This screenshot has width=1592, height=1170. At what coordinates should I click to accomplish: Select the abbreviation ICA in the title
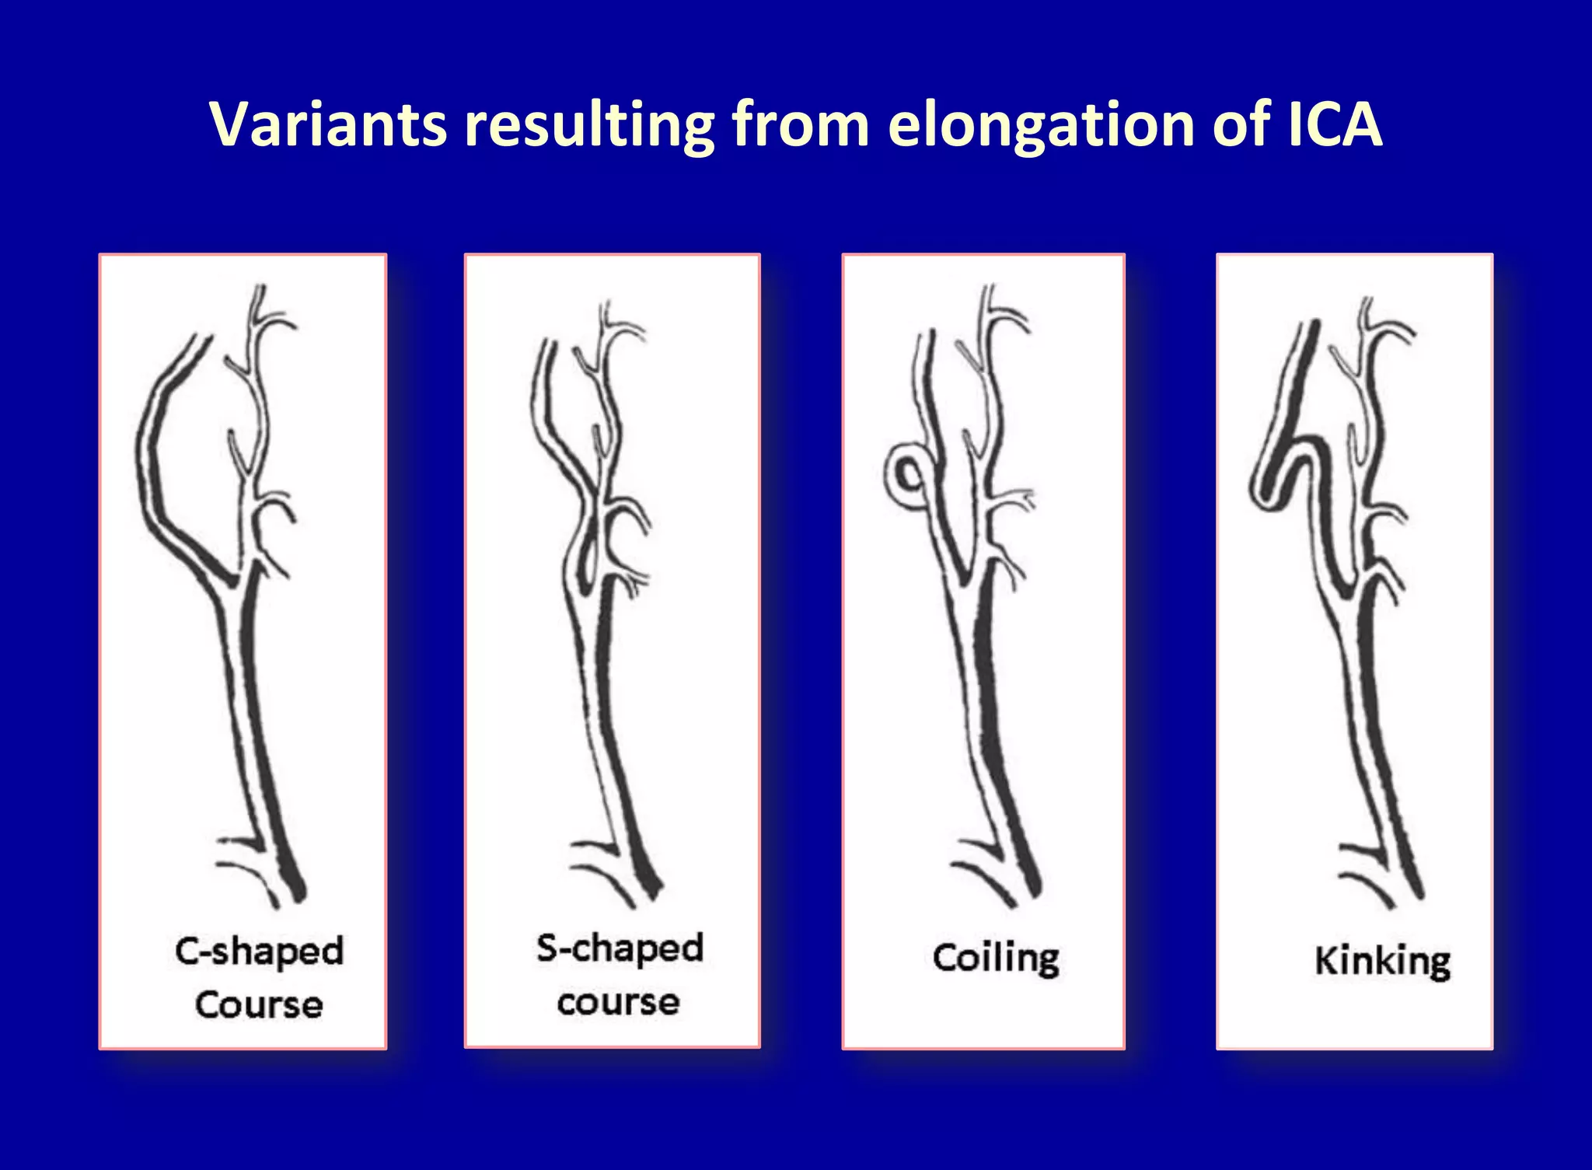tap(1334, 124)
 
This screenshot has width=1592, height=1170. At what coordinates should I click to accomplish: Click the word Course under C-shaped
tap(259, 1004)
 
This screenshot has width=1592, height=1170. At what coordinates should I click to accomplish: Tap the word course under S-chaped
tap(618, 1001)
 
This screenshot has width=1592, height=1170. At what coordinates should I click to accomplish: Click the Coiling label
tap(996, 958)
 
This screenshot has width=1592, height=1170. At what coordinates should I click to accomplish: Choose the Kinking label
tap(1382, 961)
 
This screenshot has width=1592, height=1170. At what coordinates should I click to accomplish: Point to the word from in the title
tap(800, 124)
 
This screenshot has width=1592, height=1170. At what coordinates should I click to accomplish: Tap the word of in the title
tap(1240, 124)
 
